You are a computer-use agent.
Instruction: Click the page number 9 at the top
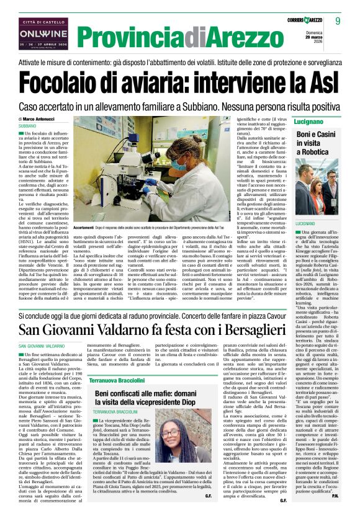click(x=338, y=21)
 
